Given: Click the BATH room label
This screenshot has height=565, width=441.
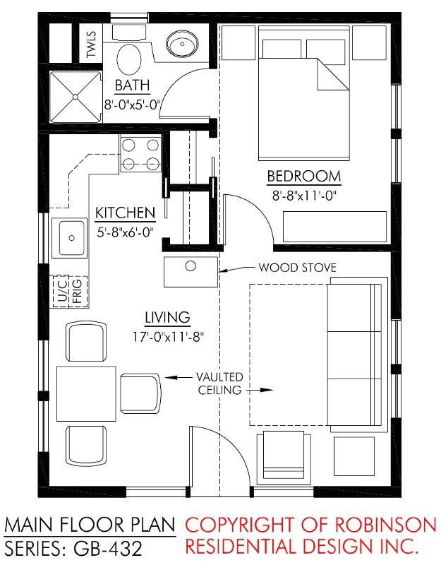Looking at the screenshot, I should pyautogui.click(x=133, y=87).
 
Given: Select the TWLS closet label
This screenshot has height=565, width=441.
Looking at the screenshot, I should pyautogui.click(x=91, y=44).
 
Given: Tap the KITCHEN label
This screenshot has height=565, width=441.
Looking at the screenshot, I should pyautogui.click(x=125, y=213).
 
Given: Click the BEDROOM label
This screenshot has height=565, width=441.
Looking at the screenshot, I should pyautogui.click(x=303, y=177).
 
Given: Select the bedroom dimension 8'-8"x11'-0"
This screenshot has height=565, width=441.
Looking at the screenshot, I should pyautogui.click(x=303, y=195).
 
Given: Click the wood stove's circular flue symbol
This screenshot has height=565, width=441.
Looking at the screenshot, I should pyautogui.click(x=190, y=267).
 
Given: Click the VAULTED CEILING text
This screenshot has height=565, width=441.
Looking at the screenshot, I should pyautogui.click(x=219, y=383).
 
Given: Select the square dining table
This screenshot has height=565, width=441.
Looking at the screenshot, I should pyautogui.click(x=86, y=393).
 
